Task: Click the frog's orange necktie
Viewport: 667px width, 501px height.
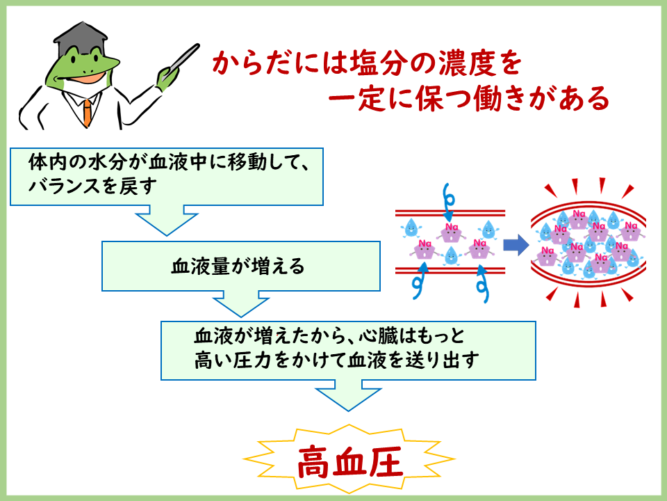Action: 86,111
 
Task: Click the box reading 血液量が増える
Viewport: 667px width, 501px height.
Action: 240,266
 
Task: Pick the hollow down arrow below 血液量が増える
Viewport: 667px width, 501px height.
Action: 240,304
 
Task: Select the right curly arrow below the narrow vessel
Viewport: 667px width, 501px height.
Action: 481,285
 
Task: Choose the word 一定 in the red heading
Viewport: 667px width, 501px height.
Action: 352,100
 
